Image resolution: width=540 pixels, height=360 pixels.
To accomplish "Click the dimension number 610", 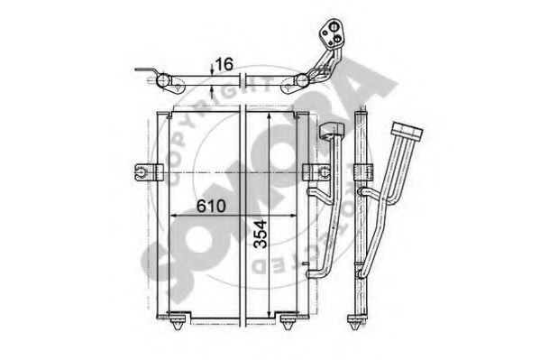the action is [211, 206].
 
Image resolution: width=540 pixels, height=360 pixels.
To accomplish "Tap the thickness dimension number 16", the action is [224, 64].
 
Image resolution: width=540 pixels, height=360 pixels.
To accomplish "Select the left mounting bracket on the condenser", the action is [148, 172].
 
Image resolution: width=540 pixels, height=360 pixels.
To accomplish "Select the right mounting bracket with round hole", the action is [316, 172].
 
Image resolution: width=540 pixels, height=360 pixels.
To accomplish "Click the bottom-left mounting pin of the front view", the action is [178, 321].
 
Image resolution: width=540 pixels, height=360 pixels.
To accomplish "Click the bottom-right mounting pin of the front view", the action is [288, 321].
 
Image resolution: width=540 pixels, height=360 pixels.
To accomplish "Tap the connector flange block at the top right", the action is [330, 33].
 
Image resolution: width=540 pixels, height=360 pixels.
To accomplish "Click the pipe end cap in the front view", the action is [332, 130].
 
